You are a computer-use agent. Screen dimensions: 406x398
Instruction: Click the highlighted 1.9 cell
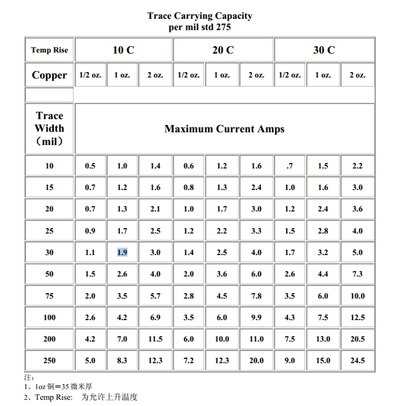tap(122, 253)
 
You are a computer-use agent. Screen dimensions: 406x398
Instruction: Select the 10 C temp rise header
tap(123, 50)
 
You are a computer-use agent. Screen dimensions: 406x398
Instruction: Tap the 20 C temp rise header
tap(223, 50)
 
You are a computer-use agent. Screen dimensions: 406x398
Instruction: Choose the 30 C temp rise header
tap(324, 50)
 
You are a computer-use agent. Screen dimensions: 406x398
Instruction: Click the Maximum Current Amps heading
tap(224, 129)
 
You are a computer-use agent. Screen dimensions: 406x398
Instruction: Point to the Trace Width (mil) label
tap(49, 129)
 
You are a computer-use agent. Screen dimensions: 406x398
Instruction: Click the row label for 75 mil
tap(49, 296)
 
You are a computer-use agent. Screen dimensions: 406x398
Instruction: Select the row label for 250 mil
tap(49, 361)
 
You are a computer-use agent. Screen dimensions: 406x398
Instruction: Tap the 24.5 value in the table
tap(357, 361)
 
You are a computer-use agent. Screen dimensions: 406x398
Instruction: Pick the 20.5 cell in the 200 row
tap(357, 339)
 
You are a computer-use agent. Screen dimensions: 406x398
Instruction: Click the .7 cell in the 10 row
tap(289, 166)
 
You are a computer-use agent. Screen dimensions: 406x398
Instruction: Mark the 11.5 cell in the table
tap(155, 339)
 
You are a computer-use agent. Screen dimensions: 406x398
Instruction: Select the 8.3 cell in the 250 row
tap(122, 361)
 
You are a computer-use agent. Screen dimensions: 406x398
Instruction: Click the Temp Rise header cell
tap(49, 50)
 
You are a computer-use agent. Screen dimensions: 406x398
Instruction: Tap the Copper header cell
tap(49, 75)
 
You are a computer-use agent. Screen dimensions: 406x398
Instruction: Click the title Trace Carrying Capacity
tap(200, 16)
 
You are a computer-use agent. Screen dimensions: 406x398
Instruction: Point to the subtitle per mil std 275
tap(200, 27)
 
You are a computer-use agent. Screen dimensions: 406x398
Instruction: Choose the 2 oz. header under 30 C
tap(357, 75)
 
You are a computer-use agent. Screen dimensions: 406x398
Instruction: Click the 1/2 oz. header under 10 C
tap(90, 75)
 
